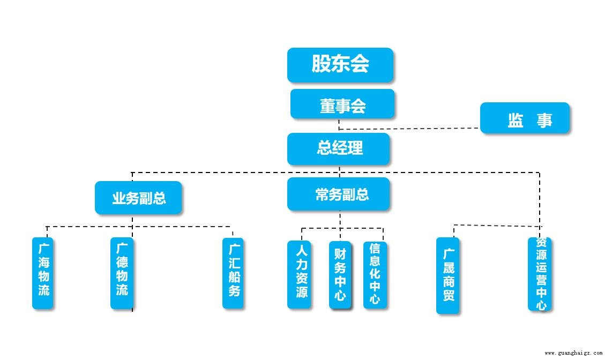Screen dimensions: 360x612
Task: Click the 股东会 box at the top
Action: tap(340, 65)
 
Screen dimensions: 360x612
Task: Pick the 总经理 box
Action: tap(338, 148)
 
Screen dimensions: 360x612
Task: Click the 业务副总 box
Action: tap(138, 198)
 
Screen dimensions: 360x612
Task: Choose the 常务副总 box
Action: tap(338, 194)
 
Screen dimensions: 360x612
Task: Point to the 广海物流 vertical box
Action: tap(43, 273)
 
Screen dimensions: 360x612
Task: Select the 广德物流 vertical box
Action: tap(122, 273)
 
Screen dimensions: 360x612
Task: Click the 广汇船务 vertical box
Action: tap(233, 273)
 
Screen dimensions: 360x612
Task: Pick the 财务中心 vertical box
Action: tap(340, 274)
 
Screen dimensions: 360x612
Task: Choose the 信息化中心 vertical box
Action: tap(375, 275)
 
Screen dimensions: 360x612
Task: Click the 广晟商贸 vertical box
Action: tap(447, 275)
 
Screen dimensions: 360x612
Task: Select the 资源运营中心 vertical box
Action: tap(540, 274)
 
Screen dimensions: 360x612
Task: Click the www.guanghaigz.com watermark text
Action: tap(573, 353)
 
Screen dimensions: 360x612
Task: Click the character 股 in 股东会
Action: tap(321, 65)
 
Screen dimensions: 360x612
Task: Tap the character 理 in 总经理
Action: tap(355, 148)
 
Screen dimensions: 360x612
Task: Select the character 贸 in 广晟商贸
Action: tap(448, 295)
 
